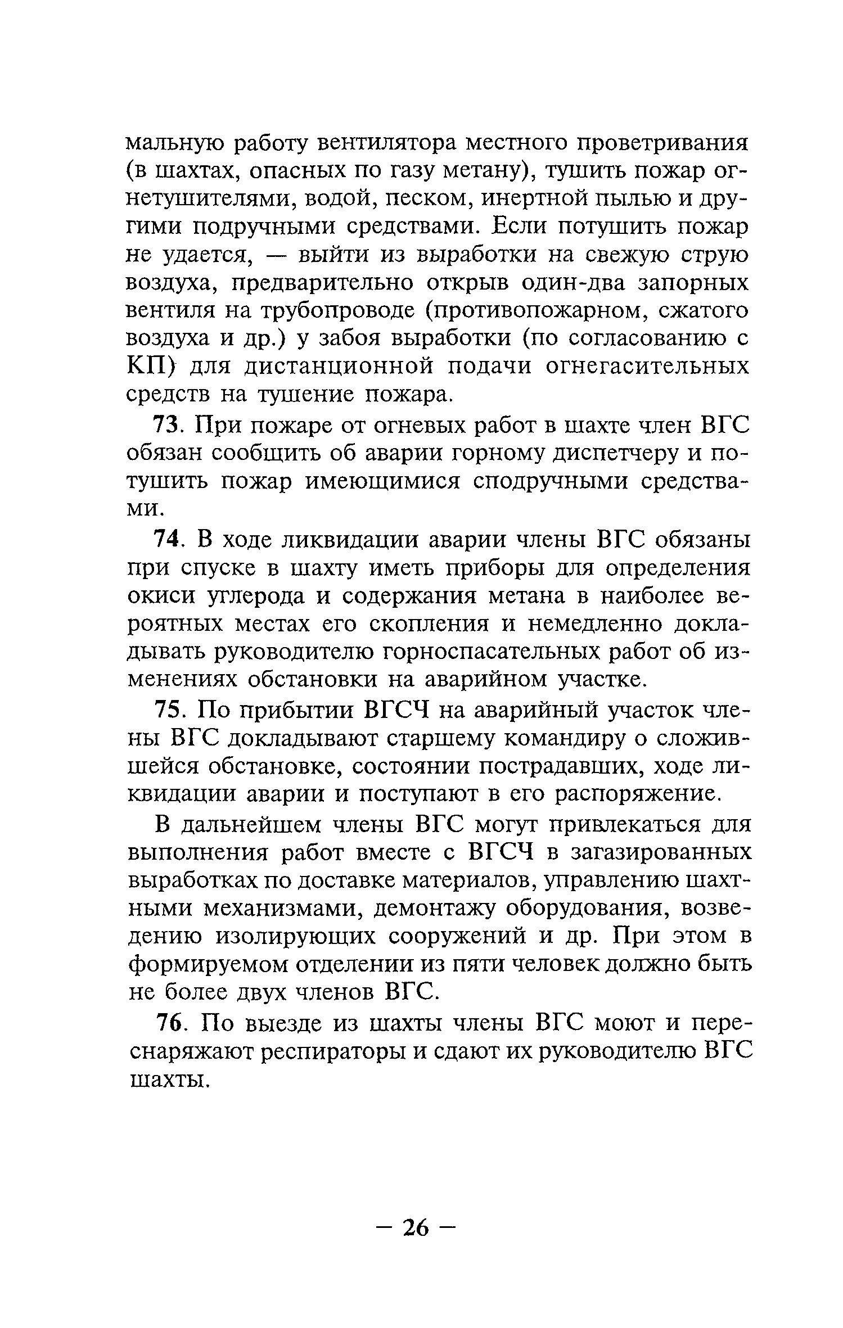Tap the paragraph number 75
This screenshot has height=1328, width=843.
pos(166,710)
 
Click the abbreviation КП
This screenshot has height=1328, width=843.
pos(147,367)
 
